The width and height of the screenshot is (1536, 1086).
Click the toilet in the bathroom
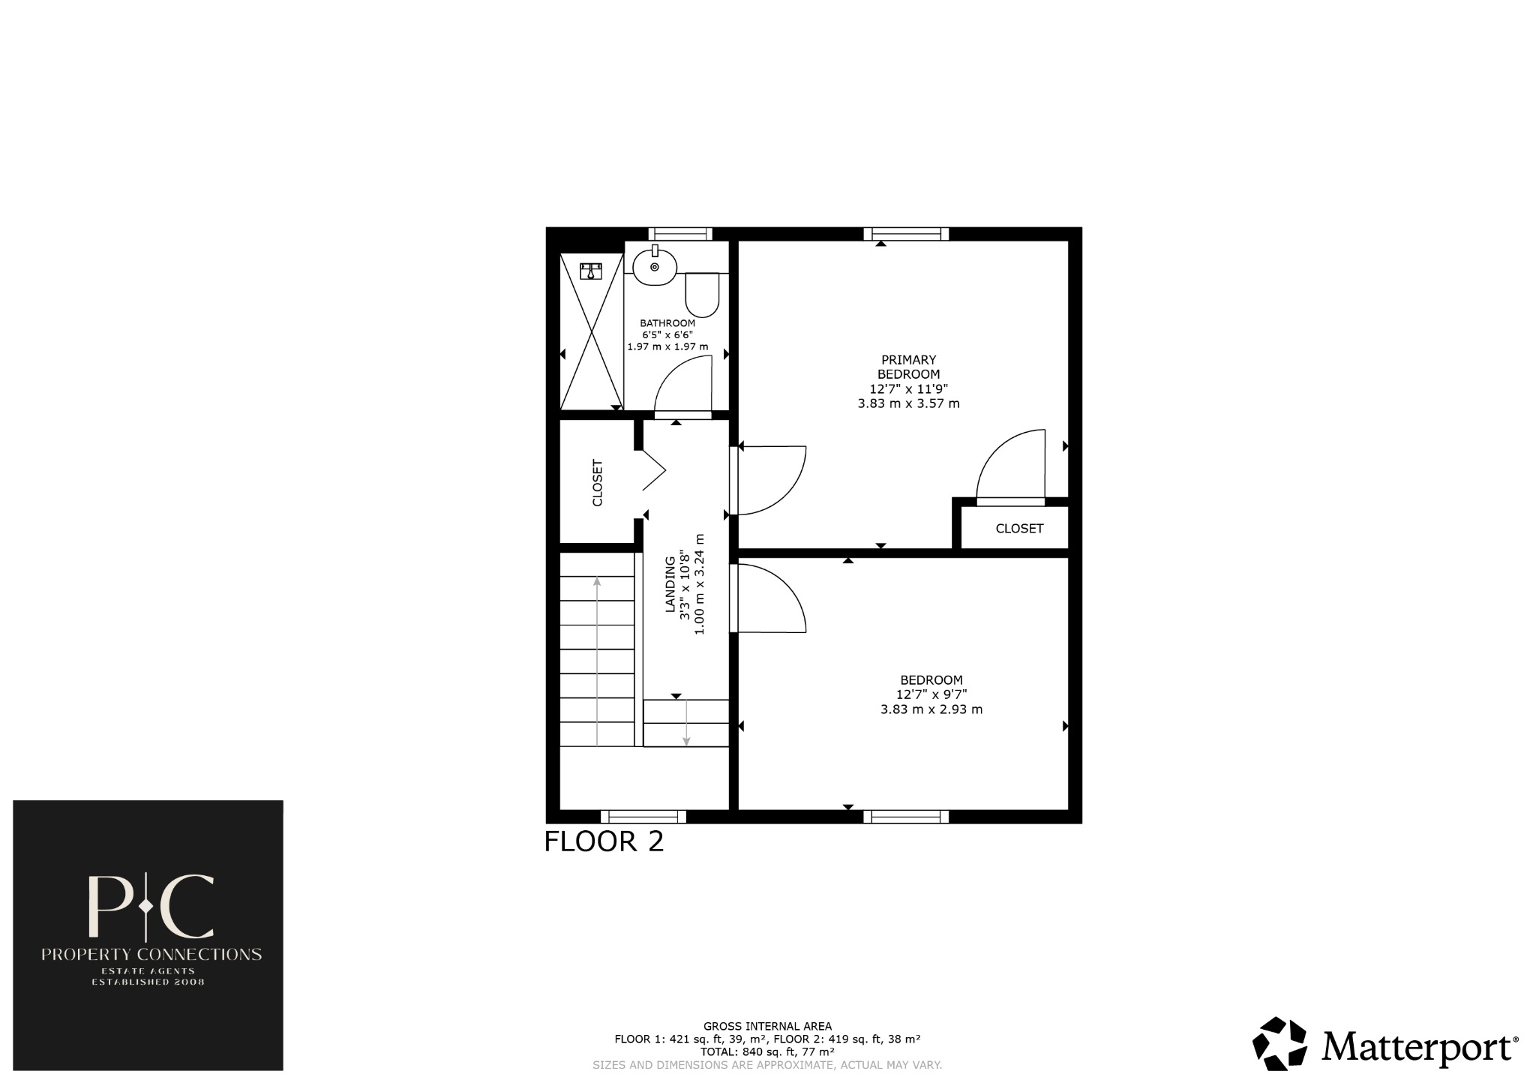(x=702, y=295)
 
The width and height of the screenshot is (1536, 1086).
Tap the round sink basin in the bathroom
(x=655, y=267)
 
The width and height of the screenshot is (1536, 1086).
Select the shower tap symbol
(x=591, y=270)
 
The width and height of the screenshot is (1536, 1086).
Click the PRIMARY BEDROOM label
(x=908, y=367)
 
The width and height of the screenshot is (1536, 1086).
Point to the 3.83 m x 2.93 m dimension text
(x=931, y=709)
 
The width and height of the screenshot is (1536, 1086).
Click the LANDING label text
(x=670, y=585)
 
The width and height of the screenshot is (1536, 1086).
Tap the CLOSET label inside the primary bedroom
(x=1019, y=529)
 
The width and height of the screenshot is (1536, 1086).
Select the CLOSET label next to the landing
(x=598, y=482)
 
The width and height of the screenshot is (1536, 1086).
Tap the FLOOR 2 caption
(x=604, y=841)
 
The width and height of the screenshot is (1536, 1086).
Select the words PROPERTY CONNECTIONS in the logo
(x=151, y=955)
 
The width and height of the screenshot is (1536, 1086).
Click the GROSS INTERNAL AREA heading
(x=767, y=1027)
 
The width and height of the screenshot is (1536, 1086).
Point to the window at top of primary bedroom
(x=906, y=234)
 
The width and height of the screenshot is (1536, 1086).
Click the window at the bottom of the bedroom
(x=906, y=817)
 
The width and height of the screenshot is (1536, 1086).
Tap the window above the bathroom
(x=680, y=234)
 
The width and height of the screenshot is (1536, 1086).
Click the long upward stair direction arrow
(x=597, y=660)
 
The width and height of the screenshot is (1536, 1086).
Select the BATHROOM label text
(x=667, y=323)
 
